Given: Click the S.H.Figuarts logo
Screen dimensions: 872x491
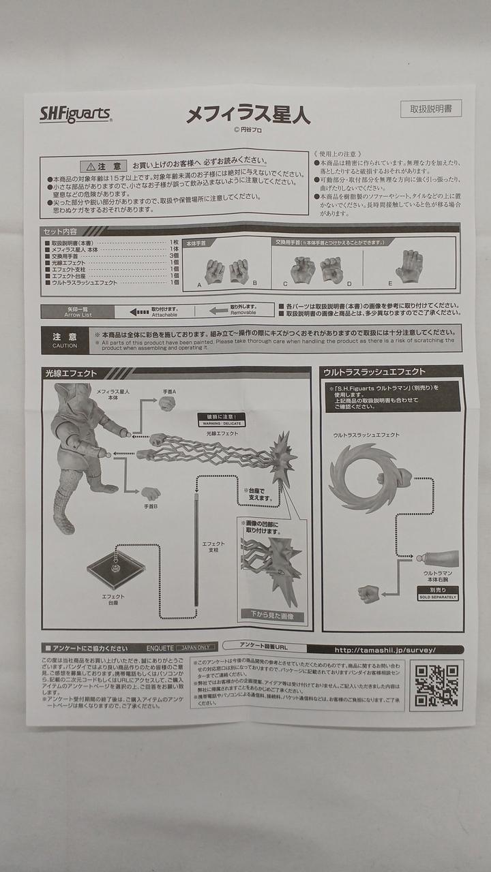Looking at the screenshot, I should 74,114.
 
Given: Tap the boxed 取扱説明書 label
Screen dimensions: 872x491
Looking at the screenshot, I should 430,109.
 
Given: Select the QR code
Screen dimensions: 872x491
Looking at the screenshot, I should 436,685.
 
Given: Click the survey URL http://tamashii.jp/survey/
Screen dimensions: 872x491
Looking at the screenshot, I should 385,650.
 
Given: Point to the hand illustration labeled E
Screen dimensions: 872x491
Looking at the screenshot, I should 409,266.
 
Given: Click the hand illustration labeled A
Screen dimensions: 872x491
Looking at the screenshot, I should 214,271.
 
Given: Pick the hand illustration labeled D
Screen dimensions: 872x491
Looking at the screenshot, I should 331,270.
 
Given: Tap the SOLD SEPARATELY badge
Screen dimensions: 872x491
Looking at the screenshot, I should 438,597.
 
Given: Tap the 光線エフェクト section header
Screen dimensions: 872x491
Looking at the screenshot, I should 71,373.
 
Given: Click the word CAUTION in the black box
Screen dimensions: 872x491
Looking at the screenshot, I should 65,345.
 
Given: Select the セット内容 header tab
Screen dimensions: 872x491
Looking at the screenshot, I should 61,232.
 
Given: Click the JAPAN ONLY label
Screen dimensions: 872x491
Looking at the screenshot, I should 196,647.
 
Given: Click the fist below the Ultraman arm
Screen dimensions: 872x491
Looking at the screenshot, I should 368,593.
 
